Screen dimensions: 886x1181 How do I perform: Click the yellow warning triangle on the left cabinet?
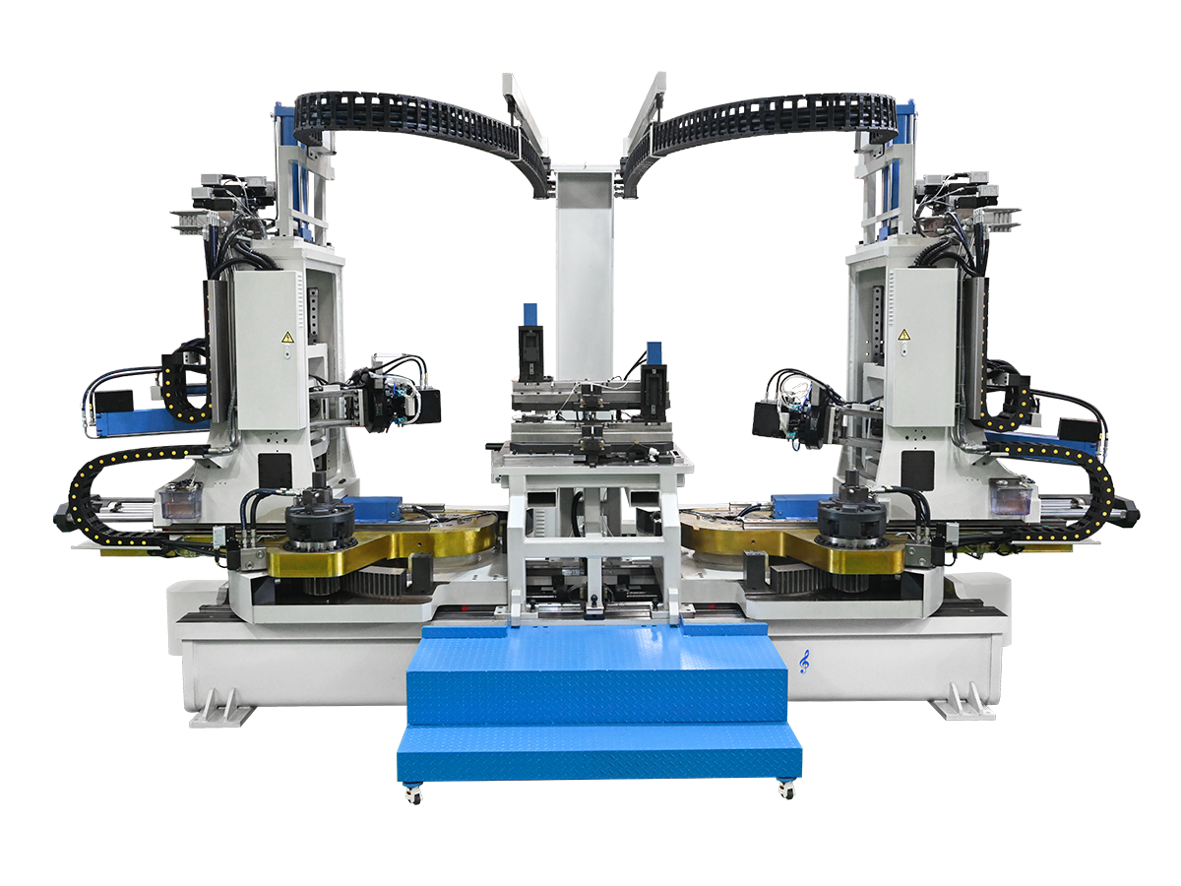click(x=287, y=338)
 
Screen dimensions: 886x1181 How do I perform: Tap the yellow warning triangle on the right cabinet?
click(x=902, y=336)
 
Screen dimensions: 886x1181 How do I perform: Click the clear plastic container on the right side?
click(x=1012, y=500)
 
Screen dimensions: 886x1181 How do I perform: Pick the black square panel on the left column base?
click(x=272, y=471)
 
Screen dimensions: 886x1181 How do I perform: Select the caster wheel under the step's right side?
click(x=784, y=788)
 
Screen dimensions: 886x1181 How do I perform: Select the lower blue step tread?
click(x=600, y=753)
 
